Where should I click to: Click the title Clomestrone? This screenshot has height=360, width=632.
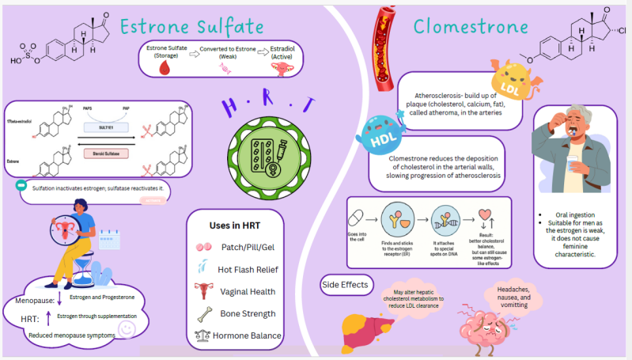471,27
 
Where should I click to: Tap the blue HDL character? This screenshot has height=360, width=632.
381,135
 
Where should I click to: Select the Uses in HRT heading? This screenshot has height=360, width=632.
235,225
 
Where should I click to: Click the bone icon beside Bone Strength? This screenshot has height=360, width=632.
203,313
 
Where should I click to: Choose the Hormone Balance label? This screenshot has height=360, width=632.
248,335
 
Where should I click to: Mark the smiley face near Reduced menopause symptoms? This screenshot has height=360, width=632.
124,327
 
